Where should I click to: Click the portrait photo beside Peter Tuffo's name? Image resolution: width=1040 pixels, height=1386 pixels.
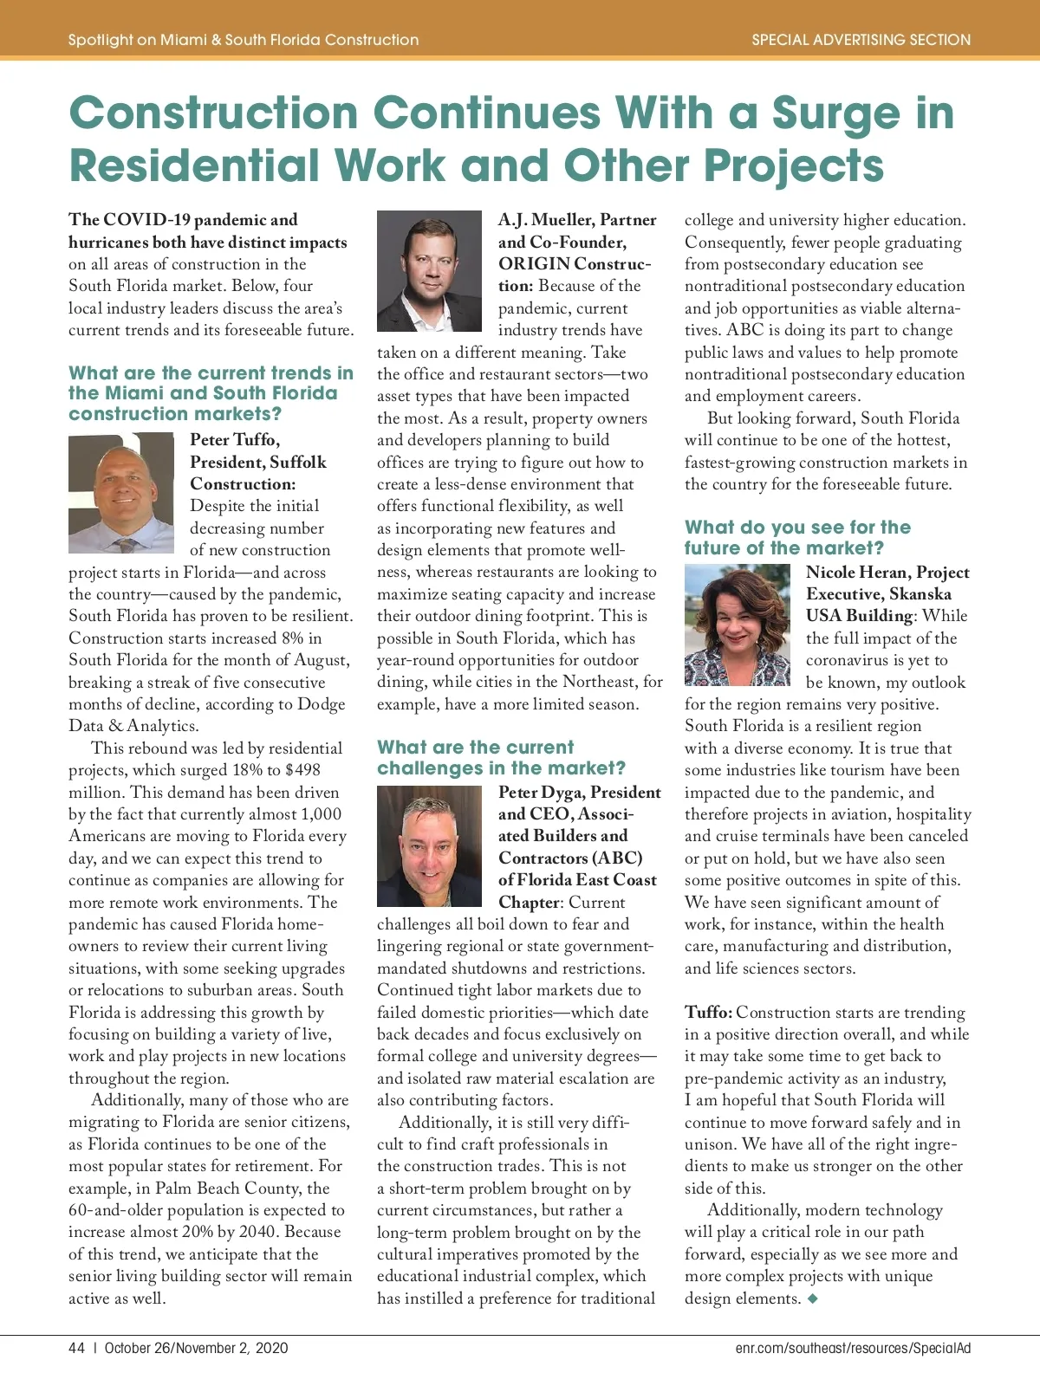[121, 493]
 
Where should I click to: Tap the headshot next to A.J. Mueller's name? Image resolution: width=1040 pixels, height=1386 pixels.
[429, 271]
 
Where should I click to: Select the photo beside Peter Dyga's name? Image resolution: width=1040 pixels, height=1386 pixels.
[429, 845]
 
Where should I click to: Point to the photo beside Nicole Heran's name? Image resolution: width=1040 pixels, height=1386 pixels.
[738, 625]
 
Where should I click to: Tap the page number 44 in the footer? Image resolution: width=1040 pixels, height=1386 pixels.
[76, 1348]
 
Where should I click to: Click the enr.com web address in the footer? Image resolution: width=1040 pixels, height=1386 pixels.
[853, 1348]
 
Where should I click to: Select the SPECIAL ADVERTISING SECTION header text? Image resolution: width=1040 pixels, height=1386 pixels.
[861, 40]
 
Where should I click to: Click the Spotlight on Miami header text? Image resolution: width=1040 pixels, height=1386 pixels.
[244, 40]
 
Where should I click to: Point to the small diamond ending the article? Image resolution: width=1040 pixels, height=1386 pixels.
[812, 1298]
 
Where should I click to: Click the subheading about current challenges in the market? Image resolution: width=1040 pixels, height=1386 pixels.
[501, 758]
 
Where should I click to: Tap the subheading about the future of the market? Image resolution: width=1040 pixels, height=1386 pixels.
[797, 538]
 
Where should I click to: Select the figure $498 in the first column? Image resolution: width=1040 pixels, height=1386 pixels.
[302, 770]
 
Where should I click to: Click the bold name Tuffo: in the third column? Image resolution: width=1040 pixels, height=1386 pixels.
[708, 1012]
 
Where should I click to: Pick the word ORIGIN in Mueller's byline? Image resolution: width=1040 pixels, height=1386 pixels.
[534, 264]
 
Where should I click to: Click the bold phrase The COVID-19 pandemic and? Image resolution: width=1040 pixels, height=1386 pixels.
[183, 220]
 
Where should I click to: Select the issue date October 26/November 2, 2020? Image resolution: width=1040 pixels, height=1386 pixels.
[196, 1348]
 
